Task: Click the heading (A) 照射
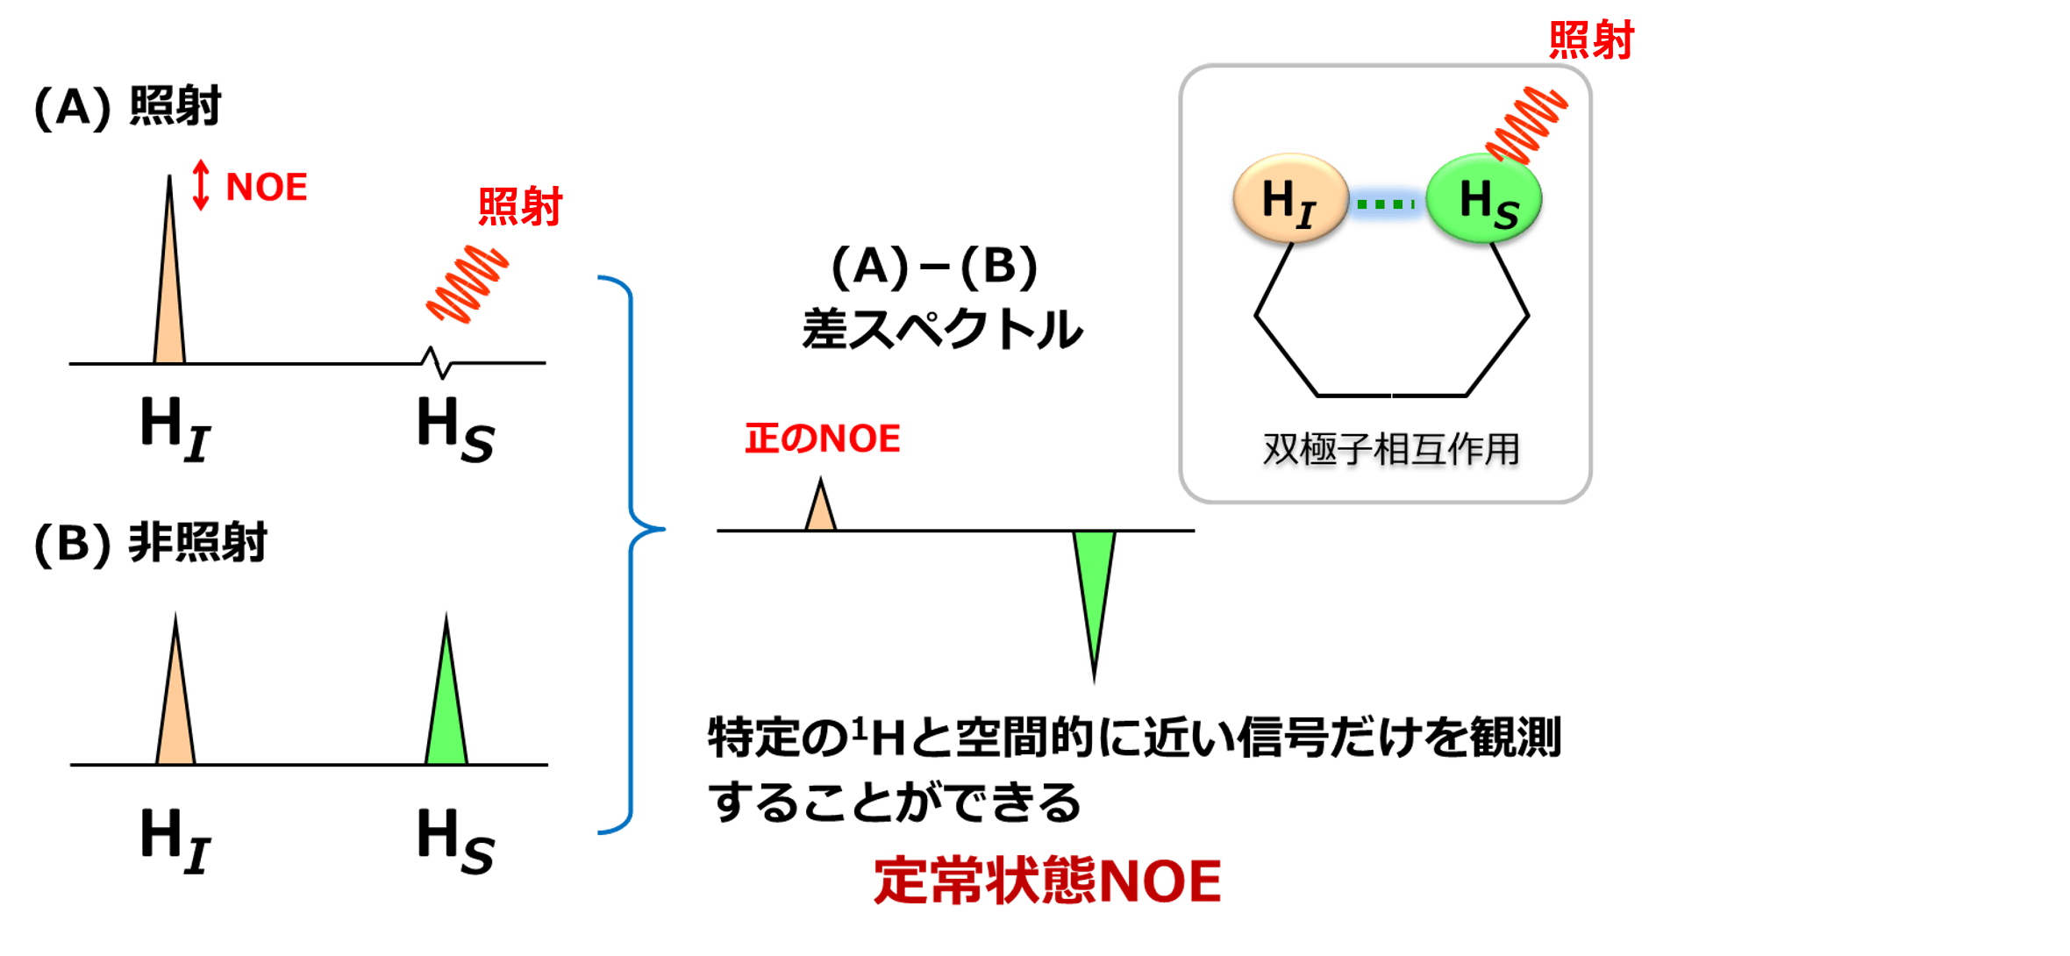pos(127,107)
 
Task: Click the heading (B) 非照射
pos(150,543)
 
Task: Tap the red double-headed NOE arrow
pos(201,185)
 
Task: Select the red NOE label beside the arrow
pos(267,188)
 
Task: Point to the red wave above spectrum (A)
pos(468,284)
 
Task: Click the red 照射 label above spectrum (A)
pos(520,207)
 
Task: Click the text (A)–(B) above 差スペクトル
pos(934,268)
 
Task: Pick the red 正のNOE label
pos(823,439)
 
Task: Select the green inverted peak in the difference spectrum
pos(1094,579)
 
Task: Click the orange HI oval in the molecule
pos(1289,199)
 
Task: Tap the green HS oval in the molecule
pos(1484,199)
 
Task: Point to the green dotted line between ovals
pos(1386,204)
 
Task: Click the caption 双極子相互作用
pos(1391,449)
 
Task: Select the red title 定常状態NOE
pos(1047,881)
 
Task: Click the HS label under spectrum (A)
pos(455,429)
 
